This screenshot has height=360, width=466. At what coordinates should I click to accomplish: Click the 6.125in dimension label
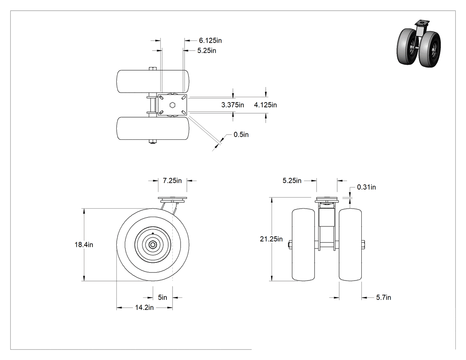pos(210,40)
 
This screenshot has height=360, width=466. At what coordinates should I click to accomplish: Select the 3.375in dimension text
pos(233,105)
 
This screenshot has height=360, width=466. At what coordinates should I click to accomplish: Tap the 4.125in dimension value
pos(265,105)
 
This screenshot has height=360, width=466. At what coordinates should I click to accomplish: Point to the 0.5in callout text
pos(241,135)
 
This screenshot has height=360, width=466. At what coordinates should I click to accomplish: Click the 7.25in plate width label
pos(172,181)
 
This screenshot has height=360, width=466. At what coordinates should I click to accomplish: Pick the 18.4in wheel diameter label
pos(84,245)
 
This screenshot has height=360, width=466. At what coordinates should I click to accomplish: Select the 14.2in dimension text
pos(144,308)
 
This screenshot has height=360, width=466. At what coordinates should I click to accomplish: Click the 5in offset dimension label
pos(162,297)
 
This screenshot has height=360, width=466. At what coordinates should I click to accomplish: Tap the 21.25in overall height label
pos(271,239)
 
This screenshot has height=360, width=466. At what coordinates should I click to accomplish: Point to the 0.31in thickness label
pos(367,187)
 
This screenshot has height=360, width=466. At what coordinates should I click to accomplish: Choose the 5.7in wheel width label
pos(384,297)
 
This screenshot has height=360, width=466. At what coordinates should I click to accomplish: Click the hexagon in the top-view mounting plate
pos(172,105)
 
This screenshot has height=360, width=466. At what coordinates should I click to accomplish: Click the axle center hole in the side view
pos(153,245)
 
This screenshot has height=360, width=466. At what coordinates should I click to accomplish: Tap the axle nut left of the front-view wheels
pos(290,245)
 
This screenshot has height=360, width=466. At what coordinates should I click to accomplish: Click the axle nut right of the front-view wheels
pos(363,245)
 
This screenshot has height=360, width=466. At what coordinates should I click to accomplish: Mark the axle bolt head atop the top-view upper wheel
pos(153,69)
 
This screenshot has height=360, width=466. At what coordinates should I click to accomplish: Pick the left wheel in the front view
pos(303,245)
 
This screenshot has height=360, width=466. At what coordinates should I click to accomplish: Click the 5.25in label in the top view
pos(207,51)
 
